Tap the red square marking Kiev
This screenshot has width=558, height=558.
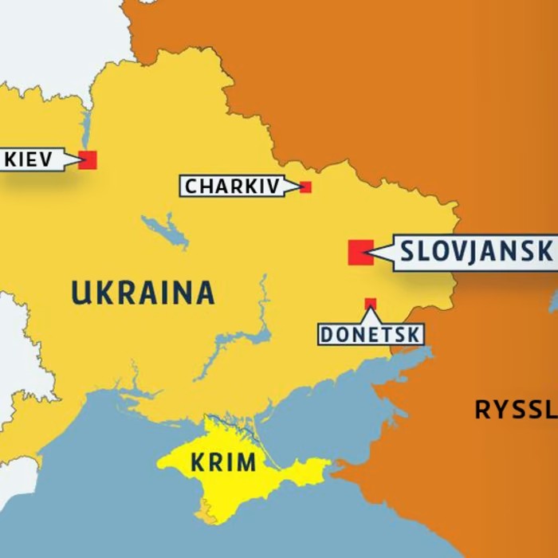[x=88, y=159]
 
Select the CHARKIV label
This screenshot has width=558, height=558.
[x=232, y=187]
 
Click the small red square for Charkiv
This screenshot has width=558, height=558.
[x=305, y=187]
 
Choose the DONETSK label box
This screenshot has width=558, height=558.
[x=371, y=335]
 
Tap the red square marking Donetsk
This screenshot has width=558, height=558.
[x=371, y=304]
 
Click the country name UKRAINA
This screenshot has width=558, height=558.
[x=143, y=293]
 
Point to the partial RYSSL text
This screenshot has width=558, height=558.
[x=515, y=411]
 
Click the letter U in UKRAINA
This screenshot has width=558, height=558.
[x=80, y=293]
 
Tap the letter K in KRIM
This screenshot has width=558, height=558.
[x=197, y=462]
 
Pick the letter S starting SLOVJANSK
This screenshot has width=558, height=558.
[x=408, y=252]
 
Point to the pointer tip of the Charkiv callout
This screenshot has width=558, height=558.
[x=301, y=187]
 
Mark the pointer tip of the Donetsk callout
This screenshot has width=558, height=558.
[x=371, y=309]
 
